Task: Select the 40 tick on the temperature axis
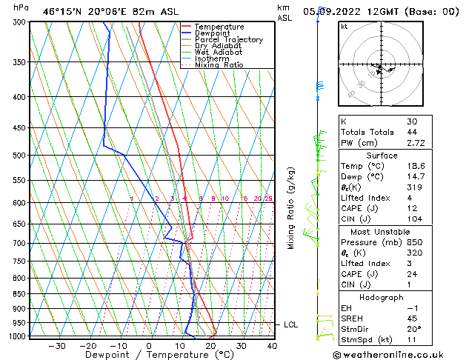click(272, 346)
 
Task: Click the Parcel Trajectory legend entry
click(228, 40)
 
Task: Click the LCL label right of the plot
click(291, 324)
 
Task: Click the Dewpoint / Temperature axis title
click(149, 356)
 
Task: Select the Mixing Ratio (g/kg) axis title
click(291, 208)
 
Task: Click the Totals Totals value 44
click(412, 132)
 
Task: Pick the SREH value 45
click(412, 319)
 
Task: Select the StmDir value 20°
click(413, 329)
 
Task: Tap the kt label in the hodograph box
click(344, 27)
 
